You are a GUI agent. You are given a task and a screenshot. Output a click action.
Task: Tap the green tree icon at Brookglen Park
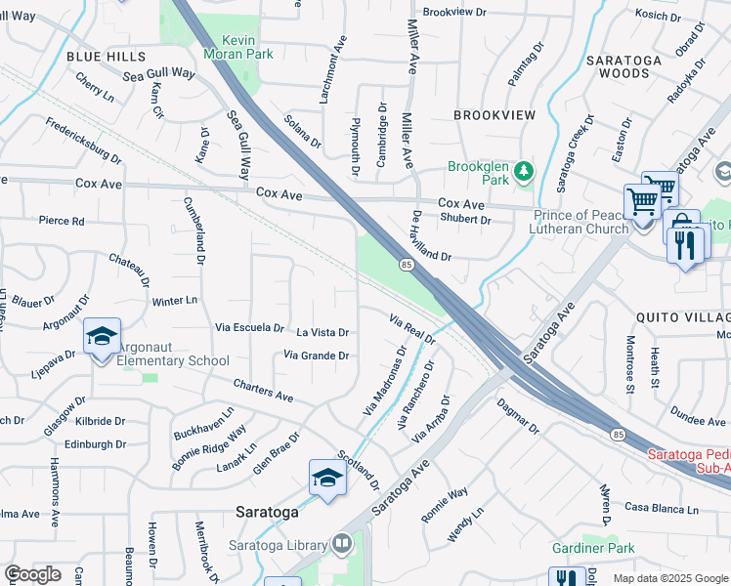click(x=525, y=173)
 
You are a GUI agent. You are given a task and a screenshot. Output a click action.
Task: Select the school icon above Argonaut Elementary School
click(x=102, y=337)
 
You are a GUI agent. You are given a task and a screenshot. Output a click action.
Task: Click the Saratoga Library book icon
click(x=341, y=542)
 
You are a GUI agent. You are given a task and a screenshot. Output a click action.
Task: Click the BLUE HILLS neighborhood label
click(x=106, y=58)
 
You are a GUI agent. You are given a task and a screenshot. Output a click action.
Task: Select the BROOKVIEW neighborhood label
click(x=494, y=115)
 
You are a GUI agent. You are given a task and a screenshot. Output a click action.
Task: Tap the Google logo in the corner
click(x=32, y=574)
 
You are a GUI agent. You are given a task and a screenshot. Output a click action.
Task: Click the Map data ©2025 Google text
click(x=670, y=578)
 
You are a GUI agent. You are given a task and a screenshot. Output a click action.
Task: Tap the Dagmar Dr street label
click(x=517, y=415)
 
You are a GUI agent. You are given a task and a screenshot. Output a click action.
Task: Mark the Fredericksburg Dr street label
click(x=84, y=142)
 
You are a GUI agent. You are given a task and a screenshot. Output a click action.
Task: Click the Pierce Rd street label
click(x=61, y=222)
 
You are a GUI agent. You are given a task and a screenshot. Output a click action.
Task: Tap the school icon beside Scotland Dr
click(x=327, y=478)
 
